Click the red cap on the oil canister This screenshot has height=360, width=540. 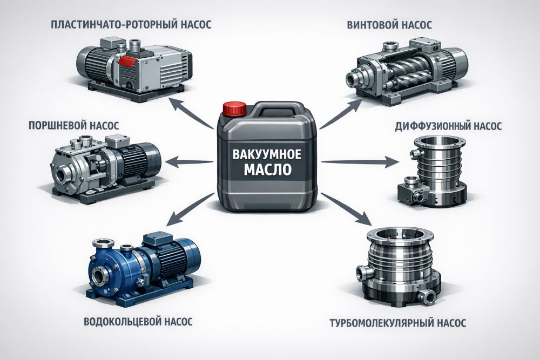pyautogui.click(x=234, y=108)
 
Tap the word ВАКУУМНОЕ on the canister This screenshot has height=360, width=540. pyautogui.click(x=267, y=154)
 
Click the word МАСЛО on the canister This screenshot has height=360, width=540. pyautogui.click(x=267, y=169)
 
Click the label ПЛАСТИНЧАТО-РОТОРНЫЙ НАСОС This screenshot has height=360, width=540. pyautogui.click(x=131, y=25)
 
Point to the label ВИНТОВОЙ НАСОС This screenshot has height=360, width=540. pyautogui.click(x=389, y=25)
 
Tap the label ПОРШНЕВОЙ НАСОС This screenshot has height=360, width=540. pyautogui.click(x=73, y=125)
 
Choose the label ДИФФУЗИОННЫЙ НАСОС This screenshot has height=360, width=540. pyautogui.click(x=448, y=126)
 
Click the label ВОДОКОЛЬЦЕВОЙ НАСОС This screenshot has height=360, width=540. pyautogui.click(x=138, y=322)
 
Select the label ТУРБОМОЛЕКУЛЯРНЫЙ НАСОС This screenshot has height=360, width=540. pyautogui.click(x=398, y=323)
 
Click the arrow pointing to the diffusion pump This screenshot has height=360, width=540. pyautogui.click(x=360, y=162)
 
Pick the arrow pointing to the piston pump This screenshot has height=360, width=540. pyautogui.click(x=190, y=161)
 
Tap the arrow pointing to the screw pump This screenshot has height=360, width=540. pyautogui.click(x=341, y=113)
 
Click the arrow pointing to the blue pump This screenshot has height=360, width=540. pyautogui.click(x=191, y=209)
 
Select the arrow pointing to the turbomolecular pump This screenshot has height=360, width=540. pyautogui.click(x=347, y=208)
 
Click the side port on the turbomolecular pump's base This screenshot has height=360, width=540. pyautogui.click(x=427, y=297)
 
